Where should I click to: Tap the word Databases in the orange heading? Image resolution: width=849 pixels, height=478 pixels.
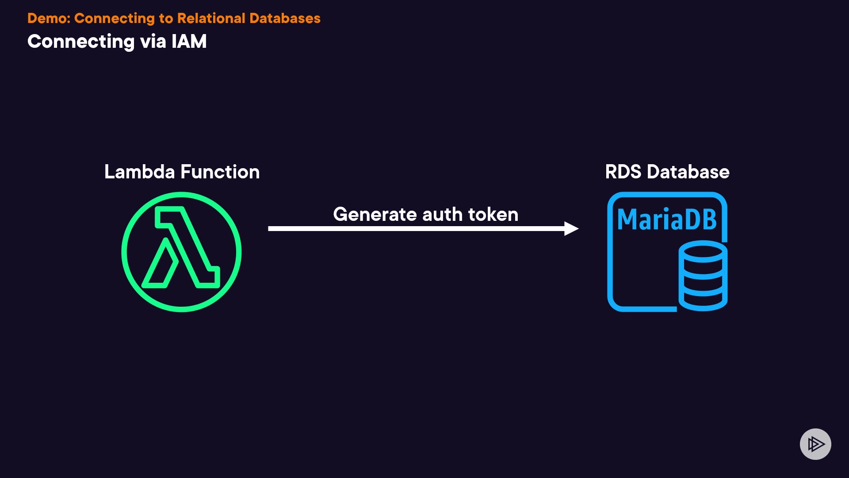(285, 18)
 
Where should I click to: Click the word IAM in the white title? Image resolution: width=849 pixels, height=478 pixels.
(189, 42)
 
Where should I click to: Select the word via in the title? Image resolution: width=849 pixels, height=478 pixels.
(153, 42)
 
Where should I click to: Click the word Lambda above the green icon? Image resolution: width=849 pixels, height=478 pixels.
(139, 172)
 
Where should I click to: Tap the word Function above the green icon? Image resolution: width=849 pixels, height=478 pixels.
(220, 172)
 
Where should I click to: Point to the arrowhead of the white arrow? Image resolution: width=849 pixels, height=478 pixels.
(571, 228)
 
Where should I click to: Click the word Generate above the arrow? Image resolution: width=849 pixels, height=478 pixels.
(375, 215)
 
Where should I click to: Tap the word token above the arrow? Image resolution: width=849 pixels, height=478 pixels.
(493, 215)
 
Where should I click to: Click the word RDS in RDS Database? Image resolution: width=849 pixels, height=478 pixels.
(623, 172)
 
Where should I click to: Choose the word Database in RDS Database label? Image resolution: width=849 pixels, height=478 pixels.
(688, 172)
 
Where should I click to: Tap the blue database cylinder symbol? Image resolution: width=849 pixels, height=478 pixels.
(703, 275)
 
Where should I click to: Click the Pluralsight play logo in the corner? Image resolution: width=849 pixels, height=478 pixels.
(815, 444)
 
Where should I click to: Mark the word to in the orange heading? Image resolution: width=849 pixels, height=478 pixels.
(166, 19)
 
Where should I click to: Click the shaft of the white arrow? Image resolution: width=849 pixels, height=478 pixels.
(416, 228)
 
